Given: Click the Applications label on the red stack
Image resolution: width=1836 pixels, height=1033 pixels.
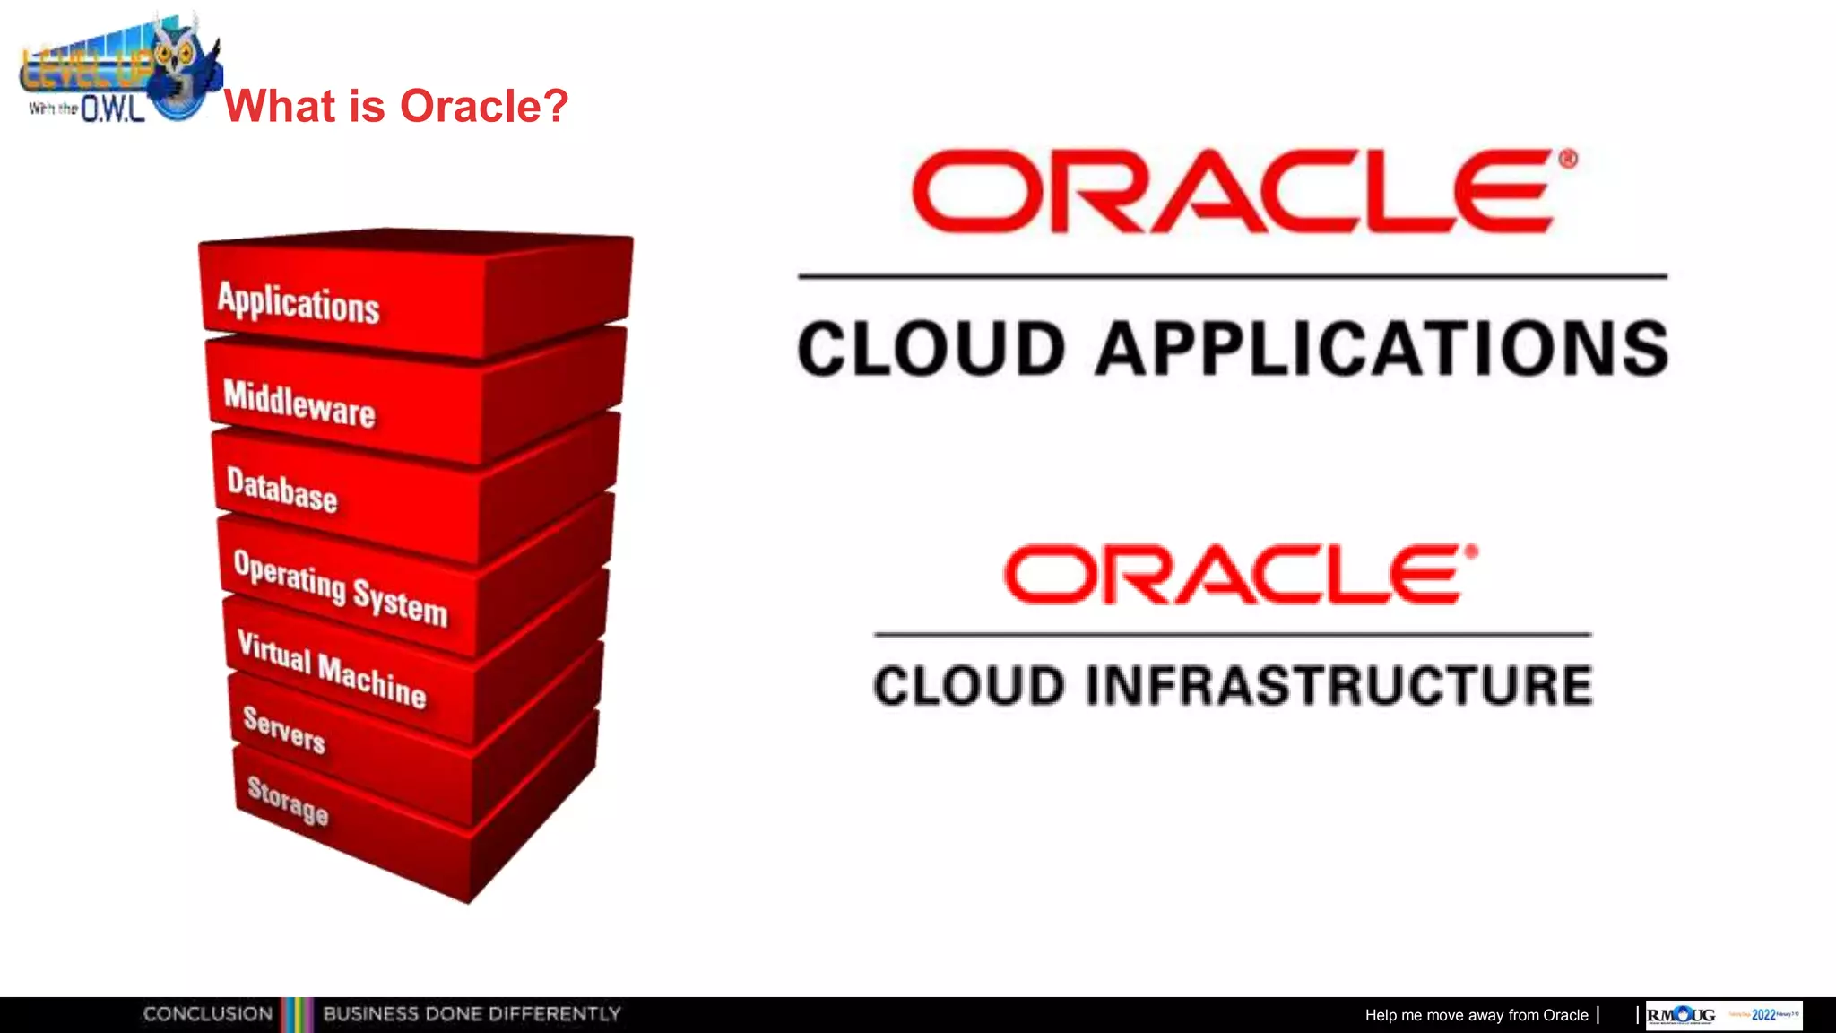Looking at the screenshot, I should click(299, 302).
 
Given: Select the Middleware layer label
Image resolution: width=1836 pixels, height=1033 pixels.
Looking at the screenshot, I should click(299, 404).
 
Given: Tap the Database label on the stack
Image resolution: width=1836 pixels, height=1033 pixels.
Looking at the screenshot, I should click(282, 490).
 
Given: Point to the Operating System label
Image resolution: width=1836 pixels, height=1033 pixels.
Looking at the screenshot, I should click(340, 588).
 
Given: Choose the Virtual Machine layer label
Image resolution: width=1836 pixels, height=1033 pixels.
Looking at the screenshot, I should click(332, 669).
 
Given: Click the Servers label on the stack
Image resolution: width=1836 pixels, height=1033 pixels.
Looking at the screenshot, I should click(284, 729).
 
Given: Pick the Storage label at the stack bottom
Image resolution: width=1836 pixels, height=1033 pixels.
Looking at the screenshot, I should click(288, 800).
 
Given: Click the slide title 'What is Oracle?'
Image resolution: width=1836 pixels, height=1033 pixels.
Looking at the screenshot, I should click(395, 106).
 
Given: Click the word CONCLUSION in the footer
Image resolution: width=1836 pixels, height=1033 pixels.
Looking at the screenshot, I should click(208, 1014).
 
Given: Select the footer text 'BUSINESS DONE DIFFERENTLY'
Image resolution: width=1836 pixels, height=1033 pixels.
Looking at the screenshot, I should click(472, 1014).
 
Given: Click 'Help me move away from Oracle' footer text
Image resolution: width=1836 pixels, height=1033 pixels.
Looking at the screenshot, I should click(1476, 1015).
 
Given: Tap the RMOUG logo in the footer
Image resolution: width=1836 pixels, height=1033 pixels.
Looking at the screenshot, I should click(1681, 1015).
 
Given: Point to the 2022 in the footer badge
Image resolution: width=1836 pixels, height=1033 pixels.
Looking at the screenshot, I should click(1763, 1015).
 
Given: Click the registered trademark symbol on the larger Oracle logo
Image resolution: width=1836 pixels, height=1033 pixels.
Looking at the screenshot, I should click(1567, 160).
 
